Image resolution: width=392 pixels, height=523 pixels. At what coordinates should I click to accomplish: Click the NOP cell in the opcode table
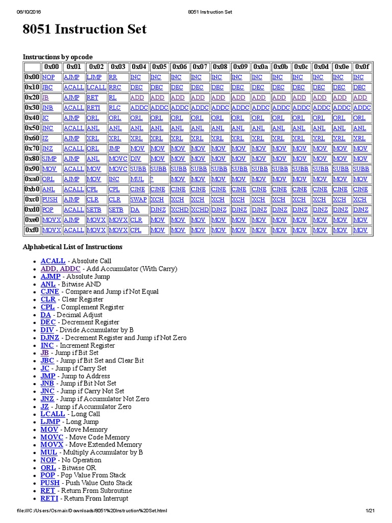pyautogui.click(x=48, y=77)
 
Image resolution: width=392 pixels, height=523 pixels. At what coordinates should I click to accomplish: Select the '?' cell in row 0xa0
pyautogui.click(x=152, y=179)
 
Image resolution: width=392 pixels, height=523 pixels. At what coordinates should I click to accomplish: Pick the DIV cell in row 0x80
pyautogui.click(x=135, y=159)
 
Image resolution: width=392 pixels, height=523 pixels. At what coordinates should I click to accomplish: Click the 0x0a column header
pyautogui.click(x=260, y=67)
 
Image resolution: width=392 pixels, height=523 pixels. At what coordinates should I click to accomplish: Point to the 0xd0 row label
pyautogui.click(x=32, y=210)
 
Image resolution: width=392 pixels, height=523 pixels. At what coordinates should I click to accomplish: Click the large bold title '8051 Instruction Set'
pyautogui.click(x=85, y=30)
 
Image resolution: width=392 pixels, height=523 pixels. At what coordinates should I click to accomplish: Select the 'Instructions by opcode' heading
pyautogui.click(x=58, y=57)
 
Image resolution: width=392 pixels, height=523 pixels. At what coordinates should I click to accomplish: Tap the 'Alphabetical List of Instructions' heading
pyautogui.click(x=72, y=247)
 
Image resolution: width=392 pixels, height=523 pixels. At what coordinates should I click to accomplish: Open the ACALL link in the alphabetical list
pyautogui.click(x=53, y=261)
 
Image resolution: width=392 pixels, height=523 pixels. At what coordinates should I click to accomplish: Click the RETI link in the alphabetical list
pyautogui.click(x=50, y=498)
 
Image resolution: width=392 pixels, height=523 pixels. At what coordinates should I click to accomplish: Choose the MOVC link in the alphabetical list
pyautogui.click(x=52, y=437)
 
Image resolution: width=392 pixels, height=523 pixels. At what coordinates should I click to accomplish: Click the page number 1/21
pyautogui.click(x=370, y=511)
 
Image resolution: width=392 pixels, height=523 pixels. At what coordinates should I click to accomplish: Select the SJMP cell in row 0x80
pyautogui.click(x=50, y=159)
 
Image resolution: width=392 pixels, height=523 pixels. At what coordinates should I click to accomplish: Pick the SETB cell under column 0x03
pyautogui.click(x=116, y=210)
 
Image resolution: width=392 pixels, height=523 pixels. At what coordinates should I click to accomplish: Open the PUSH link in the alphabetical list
pyautogui.click(x=50, y=483)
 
